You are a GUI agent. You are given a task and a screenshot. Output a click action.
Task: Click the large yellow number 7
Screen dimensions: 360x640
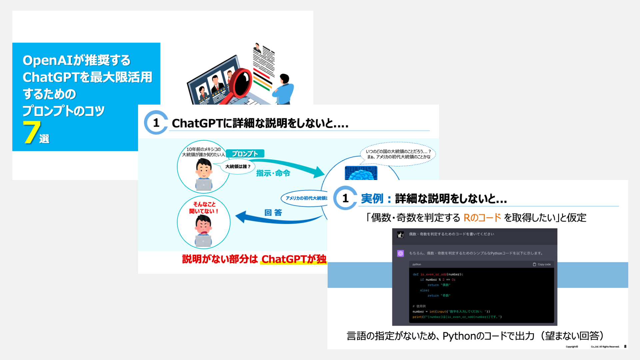(x=31, y=132)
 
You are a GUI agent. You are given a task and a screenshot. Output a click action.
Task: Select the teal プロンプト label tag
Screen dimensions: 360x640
(x=245, y=154)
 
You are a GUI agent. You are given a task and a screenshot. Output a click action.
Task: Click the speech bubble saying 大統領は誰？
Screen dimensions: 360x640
(x=237, y=167)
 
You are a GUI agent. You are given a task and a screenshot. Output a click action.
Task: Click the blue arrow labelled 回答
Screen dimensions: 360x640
(x=277, y=218)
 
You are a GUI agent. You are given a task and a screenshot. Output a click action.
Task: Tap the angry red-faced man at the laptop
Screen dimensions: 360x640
(x=203, y=230)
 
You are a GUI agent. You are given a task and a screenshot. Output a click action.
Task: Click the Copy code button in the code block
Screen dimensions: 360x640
(x=542, y=264)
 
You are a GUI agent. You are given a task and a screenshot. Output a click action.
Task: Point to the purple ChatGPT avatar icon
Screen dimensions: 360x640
(x=400, y=253)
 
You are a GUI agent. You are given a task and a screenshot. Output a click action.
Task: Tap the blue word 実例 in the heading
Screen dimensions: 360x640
(x=372, y=199)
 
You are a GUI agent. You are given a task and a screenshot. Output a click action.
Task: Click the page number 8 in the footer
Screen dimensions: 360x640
(x=625, y=347)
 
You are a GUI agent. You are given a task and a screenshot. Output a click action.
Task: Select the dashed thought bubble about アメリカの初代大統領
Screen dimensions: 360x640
(x=398, y=154)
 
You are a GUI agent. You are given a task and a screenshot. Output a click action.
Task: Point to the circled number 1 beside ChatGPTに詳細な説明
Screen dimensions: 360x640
(x=156, y=123)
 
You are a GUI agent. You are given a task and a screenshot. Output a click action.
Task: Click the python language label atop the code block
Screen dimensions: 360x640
(x=417, y=264)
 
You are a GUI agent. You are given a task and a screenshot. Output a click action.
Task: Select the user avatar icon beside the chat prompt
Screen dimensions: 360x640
(x=400, y=235)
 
